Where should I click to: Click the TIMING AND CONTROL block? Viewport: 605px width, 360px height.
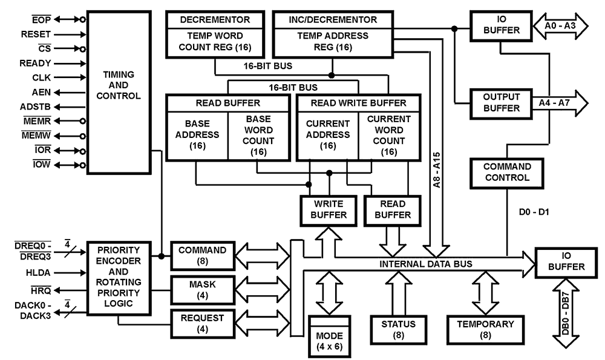coord(119,91)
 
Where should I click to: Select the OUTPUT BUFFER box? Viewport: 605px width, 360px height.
coord(501,103)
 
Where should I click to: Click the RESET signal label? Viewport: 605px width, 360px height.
coord(36,34)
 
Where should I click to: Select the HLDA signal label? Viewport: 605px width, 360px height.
coord(35,273)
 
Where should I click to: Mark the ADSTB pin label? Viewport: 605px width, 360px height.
coord(35,106)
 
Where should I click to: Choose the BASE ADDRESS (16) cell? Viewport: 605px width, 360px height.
coord(196,135)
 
